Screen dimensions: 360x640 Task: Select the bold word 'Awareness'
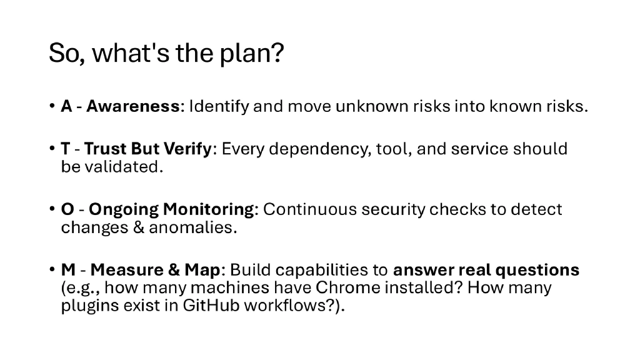tap(132, 106)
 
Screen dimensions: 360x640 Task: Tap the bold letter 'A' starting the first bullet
tap(66, 106)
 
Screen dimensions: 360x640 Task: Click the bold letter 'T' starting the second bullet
tap(65, 149)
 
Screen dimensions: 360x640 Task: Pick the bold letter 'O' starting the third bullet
tap(67, 209)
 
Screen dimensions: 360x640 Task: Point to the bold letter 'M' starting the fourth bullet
tap(69, 270)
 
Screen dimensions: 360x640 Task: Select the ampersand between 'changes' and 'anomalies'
tap(138, 227)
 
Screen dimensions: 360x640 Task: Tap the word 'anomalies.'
tap(193, 227)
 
